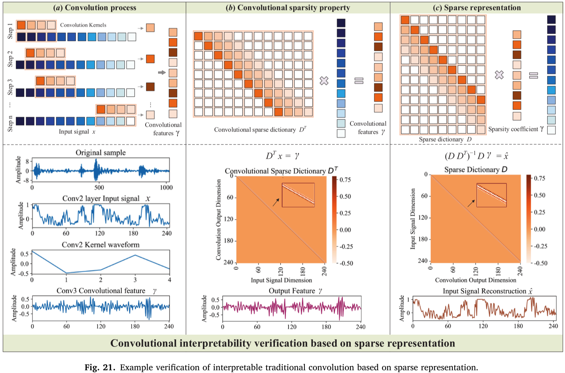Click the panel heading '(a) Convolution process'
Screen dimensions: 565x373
(x=94, y=8)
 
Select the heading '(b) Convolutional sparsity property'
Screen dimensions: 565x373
(x=288, y=8)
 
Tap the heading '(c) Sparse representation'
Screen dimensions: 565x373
(x=477, y=8)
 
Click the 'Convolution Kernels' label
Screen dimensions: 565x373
(x=83, y=25)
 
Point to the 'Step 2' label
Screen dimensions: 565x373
(x=10, y=59)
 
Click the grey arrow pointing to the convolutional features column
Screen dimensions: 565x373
(x=162, y=73)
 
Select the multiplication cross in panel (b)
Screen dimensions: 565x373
(x=324, y=80)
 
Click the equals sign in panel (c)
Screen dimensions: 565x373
(x=534, y=75)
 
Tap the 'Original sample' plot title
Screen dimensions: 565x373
(x=100, y=153)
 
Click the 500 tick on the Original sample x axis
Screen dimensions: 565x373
(x=99, y=187)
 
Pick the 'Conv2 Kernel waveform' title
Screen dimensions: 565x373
(x=100, y=244)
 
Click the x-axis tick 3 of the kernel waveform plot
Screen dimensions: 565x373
(x=135, y=280)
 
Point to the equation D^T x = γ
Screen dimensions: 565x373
(x=282, y=156)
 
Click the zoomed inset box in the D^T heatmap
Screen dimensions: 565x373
(x=298, y=195)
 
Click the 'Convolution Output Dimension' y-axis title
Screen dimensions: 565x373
(x=218, y=219)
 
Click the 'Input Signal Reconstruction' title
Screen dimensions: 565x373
(x=485, y=291)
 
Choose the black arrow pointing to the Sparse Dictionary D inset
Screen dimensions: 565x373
(x=471, y=203)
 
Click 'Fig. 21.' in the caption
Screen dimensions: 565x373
(x=100, y=367)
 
